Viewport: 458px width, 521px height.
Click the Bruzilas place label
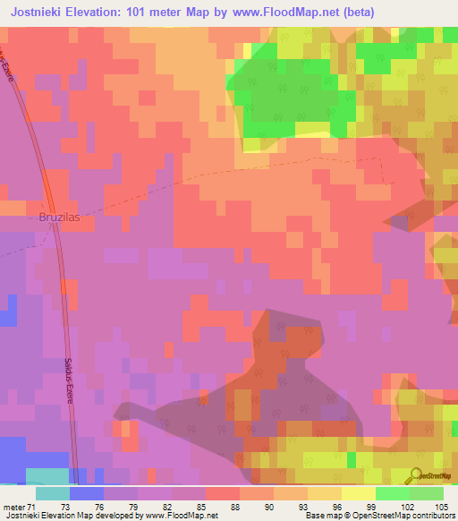point(66,218)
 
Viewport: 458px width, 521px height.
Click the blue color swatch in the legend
point(86,493)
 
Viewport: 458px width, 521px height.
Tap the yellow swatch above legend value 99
point(358,493)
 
